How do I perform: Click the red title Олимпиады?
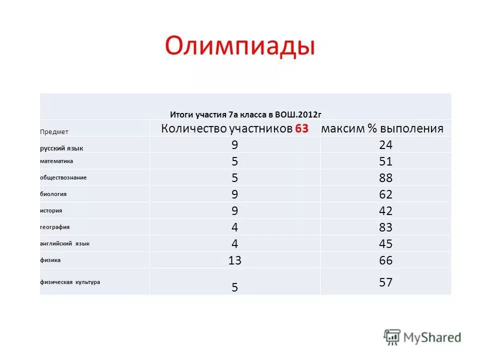(240, 46)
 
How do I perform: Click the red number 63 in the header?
(301, 128)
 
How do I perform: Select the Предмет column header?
(54, 132)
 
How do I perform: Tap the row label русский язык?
(61, 148)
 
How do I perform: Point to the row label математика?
(56, 161)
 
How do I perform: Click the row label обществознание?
(63, 177)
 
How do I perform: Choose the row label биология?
(53, 194)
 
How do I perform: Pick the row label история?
(51, 210)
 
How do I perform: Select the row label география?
(55, 227)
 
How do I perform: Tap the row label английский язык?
(65, 243)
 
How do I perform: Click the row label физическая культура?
(70, 282)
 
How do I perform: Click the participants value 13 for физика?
(234, 260)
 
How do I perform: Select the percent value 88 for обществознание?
(385, 178)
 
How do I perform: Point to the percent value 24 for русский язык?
(385, 145)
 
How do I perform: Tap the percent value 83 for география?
(385, 227)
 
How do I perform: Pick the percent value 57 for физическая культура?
(385, 282)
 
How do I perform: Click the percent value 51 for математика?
(385, 161)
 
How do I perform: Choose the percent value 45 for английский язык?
(385, 244)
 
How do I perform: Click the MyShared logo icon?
(392, 336)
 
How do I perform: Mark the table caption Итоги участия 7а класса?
(245, 114)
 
